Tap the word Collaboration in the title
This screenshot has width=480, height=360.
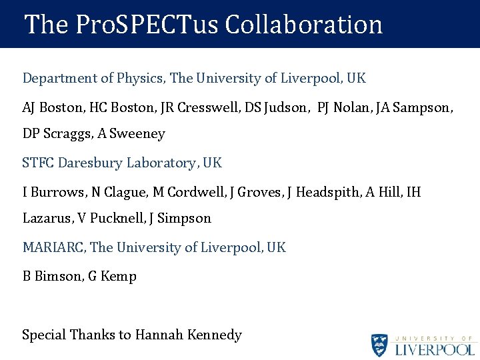click(303, 25)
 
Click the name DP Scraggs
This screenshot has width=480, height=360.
click(56, 133)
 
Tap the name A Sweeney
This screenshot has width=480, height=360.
click(131, 133)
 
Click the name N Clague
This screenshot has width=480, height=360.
click(119, 193)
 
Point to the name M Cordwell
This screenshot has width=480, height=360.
click(188, 193)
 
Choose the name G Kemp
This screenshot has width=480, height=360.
click(113, 277)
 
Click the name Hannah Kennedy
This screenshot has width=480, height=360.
click(188, 335)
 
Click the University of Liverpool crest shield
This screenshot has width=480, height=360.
click(380, 345)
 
